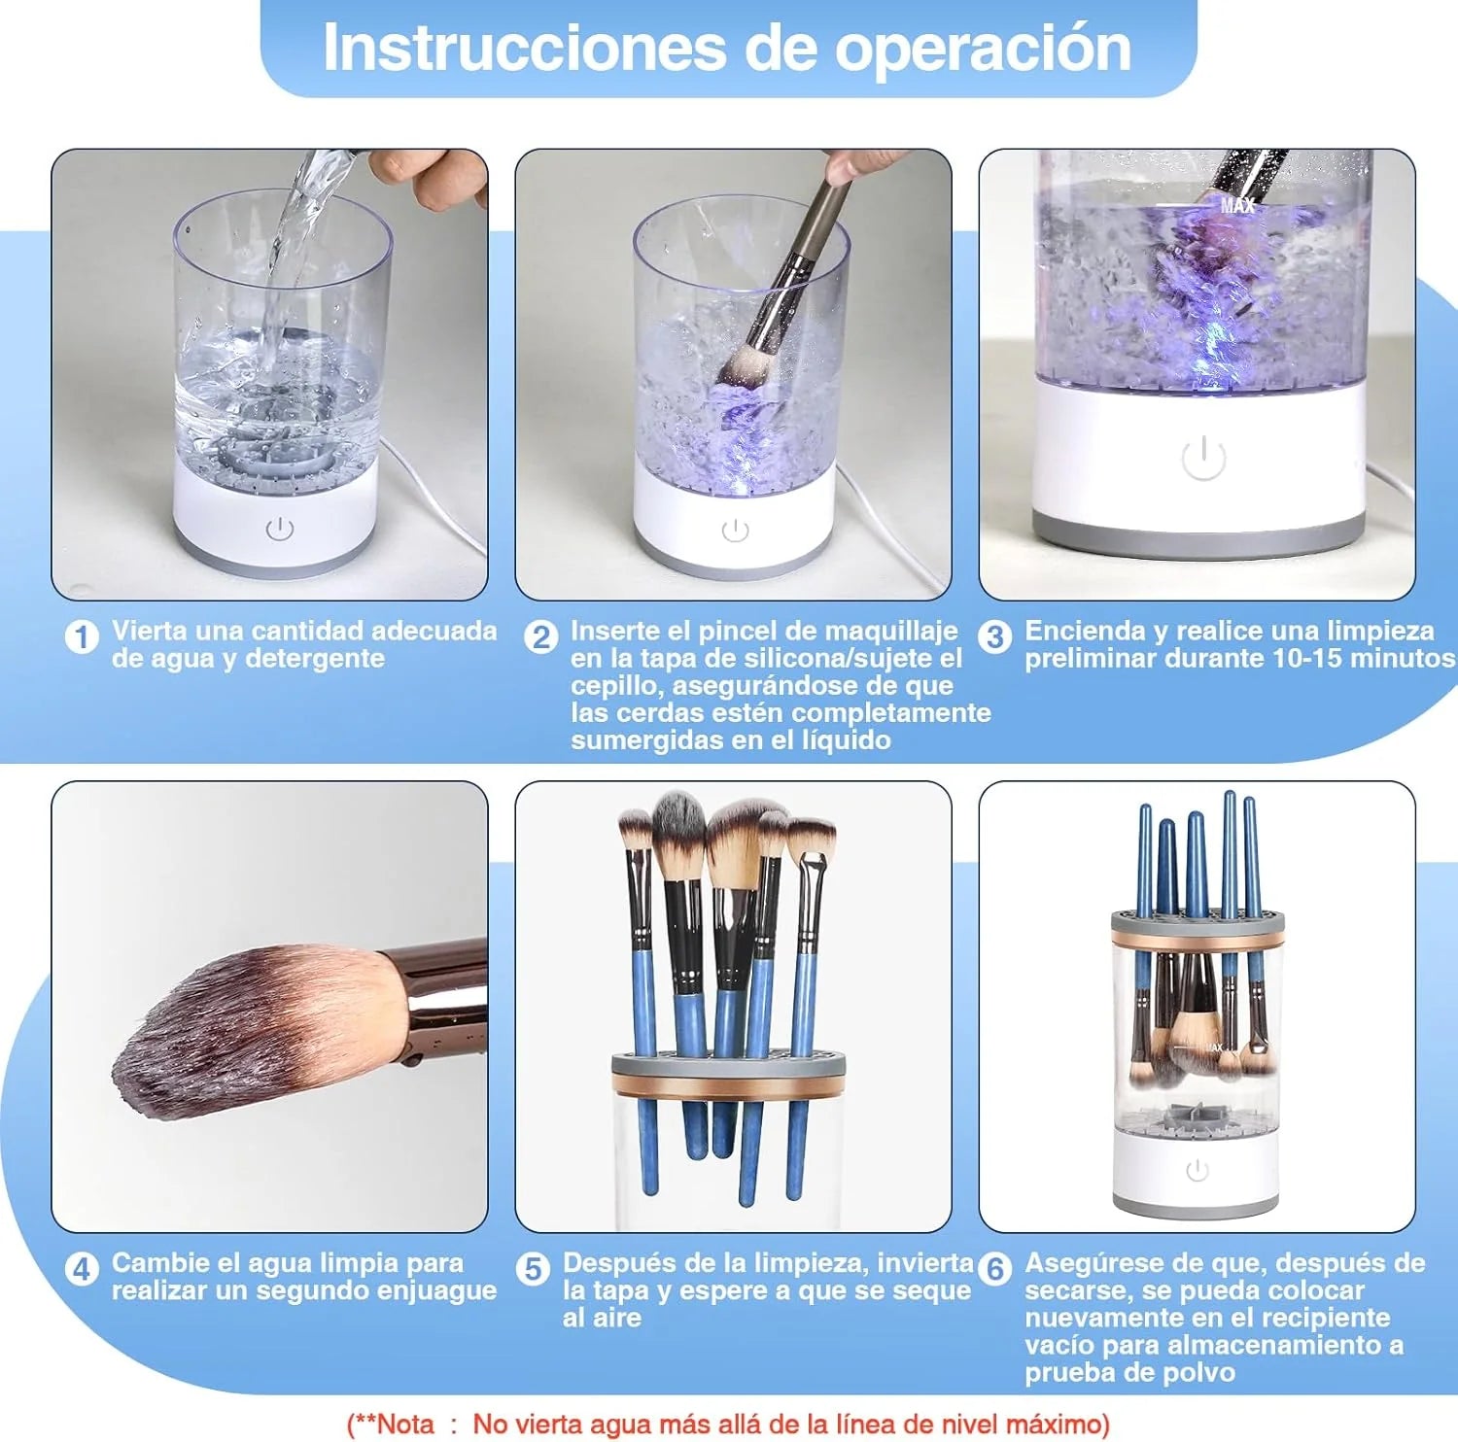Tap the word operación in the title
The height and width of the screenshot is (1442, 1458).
tap(984, 49)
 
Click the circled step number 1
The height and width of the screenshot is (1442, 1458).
tap(82, 637)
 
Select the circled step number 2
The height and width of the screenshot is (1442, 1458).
tap(541, 637)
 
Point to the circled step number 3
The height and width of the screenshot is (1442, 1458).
tap(994, 637)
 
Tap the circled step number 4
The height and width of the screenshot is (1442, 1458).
tap(82, 1269)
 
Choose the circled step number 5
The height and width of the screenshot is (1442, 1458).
tap(533, 1269)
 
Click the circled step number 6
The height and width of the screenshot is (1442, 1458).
tap(994, 1269)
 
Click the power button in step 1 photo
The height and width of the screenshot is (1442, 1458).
tap(280, 530)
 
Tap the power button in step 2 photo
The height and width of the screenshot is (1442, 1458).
tap(736, 531)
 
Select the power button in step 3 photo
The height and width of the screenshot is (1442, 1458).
tap(1203, 458)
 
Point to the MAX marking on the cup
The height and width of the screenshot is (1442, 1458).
tap(1237, 205)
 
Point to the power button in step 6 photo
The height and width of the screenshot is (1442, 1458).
tap(1197, 1171)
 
